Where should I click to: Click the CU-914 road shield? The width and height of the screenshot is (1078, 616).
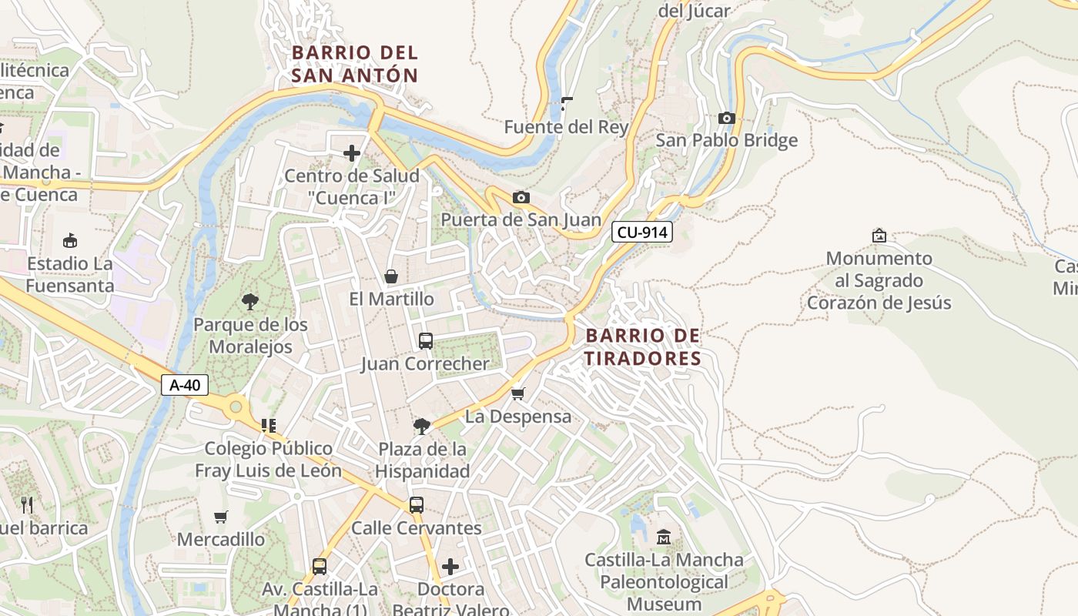click(x=642, y=232)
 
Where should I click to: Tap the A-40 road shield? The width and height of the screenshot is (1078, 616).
click(x=185, y=385)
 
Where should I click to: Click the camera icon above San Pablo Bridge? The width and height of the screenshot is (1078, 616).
click(x=726, y=118)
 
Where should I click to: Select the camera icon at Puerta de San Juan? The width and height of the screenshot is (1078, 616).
click(x=521, y=198)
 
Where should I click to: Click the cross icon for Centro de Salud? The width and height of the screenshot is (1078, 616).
click(x=352, y=153)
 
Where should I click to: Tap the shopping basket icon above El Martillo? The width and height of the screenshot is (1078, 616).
click(x=391, y=276)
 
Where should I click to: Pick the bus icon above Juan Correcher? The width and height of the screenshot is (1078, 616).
click(x=426, y=340)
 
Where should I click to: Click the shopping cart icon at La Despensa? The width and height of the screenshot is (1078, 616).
click(x=518, y=393)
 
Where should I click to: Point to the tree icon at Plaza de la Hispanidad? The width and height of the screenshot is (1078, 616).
click(x=421, y=426)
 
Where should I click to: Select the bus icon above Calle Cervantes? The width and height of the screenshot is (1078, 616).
click(x=417, y=505)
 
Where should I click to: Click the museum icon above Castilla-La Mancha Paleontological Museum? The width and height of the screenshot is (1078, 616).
click(x=664, y=537)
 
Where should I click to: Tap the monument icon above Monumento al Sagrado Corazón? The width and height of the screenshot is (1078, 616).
click(x=879, y=235)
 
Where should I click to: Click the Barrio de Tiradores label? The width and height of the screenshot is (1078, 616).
click(x=643, y=346)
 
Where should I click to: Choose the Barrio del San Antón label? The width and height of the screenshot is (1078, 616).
click(x=355, y=64)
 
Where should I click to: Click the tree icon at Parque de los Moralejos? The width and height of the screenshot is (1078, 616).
click(x=250, y=301)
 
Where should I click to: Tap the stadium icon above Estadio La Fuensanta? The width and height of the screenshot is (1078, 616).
click(x=70, y=240)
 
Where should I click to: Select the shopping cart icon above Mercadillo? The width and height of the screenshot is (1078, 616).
click(x=221, y=517)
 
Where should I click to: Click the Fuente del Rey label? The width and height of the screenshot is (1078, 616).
click(x=566, y=127)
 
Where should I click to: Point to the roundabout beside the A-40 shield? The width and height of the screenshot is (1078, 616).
click(x=236, y=406)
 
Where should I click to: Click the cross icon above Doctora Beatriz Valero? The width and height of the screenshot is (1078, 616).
click(x=450, y=567)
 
